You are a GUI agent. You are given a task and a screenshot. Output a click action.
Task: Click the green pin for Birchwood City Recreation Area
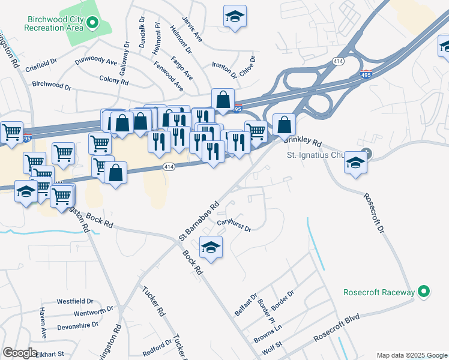pos(92,23)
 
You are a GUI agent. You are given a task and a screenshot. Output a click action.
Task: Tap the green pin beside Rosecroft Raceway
pos(424,292)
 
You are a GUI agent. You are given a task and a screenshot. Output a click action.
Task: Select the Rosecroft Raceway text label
pos(379,292)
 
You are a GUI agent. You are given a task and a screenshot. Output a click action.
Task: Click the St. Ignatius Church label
pos(313,155)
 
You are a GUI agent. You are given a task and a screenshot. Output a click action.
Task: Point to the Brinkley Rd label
pos(304,141)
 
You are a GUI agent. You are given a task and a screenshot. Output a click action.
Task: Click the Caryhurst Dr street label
pos(234,225)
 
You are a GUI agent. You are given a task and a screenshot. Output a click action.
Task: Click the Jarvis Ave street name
pos(193,28)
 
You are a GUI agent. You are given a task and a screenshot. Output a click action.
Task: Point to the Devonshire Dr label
pos(77,325)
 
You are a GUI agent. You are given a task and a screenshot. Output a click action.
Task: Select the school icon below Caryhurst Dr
pos(211,247)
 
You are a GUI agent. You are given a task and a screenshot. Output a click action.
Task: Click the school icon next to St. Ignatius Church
pos(356,163)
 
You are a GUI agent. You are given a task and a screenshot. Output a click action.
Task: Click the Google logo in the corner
pos(20,353)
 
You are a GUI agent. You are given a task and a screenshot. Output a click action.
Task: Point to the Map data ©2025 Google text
pos(411,355)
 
